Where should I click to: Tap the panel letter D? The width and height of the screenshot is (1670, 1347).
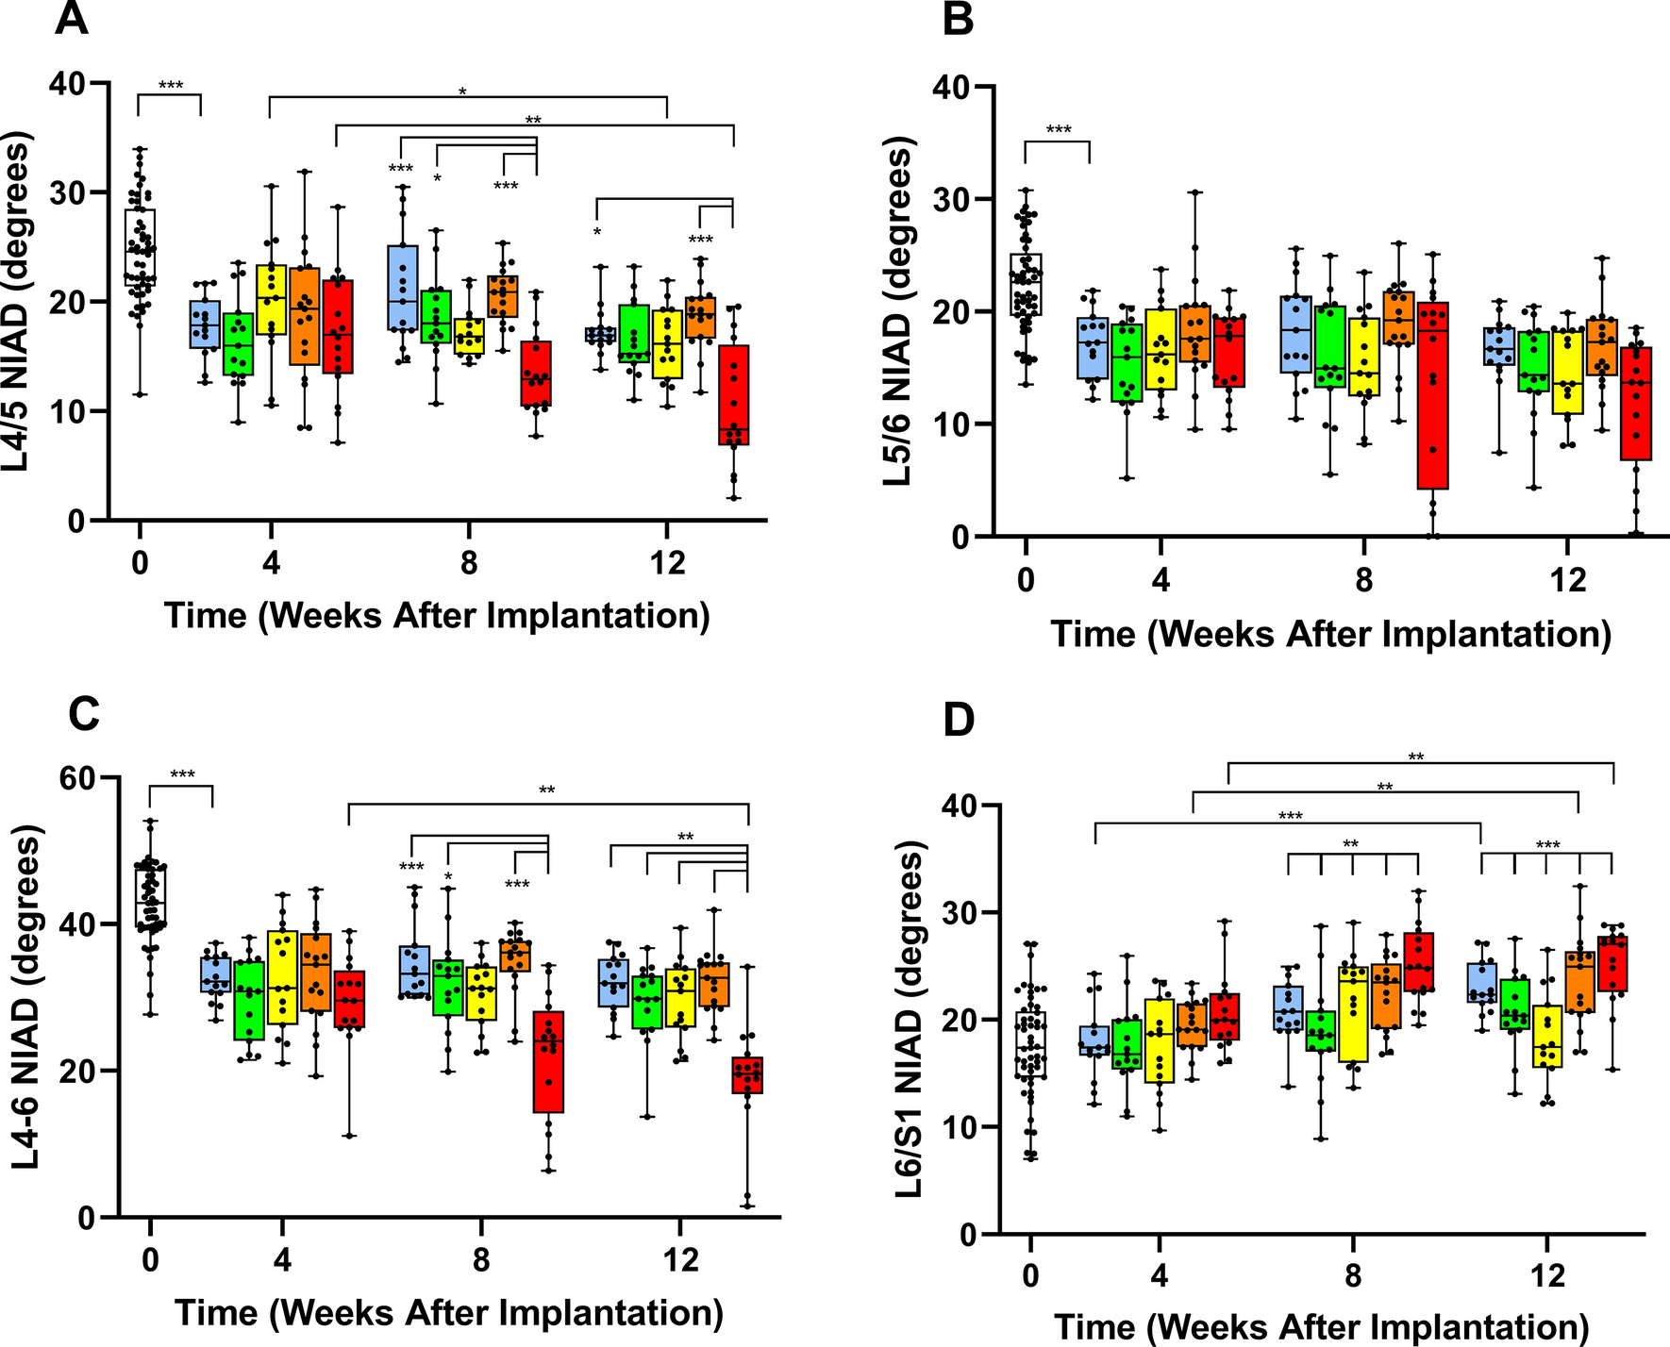tap(959, 721)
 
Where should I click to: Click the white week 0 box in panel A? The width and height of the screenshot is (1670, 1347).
tap(140, 247)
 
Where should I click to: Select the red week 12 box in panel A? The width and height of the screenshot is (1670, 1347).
tap(733, 394)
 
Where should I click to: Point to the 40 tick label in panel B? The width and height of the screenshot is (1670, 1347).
tap(956, 88)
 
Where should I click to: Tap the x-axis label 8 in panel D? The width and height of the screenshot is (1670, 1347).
tap(1352, 1275)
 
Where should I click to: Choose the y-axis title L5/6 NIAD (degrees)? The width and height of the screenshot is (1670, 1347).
tap(898, 311)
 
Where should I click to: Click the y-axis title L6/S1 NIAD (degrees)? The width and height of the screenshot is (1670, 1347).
tap(910, 1019)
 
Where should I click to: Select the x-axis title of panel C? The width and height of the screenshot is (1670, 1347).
tap(449, 1312)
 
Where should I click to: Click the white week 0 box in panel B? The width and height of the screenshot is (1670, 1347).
tap(1026, 284)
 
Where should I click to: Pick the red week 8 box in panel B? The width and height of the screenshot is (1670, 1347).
tap(1432, 395)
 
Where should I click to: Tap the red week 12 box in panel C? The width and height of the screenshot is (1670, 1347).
tap(747, 1074)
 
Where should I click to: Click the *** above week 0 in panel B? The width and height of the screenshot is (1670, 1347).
tap(1058, 129)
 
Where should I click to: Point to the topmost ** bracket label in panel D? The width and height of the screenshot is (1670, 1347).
tap(1415, 757)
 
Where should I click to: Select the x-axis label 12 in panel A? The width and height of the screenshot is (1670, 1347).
tap(667, 564)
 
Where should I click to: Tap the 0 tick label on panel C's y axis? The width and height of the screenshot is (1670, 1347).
tap(86, 1218)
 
